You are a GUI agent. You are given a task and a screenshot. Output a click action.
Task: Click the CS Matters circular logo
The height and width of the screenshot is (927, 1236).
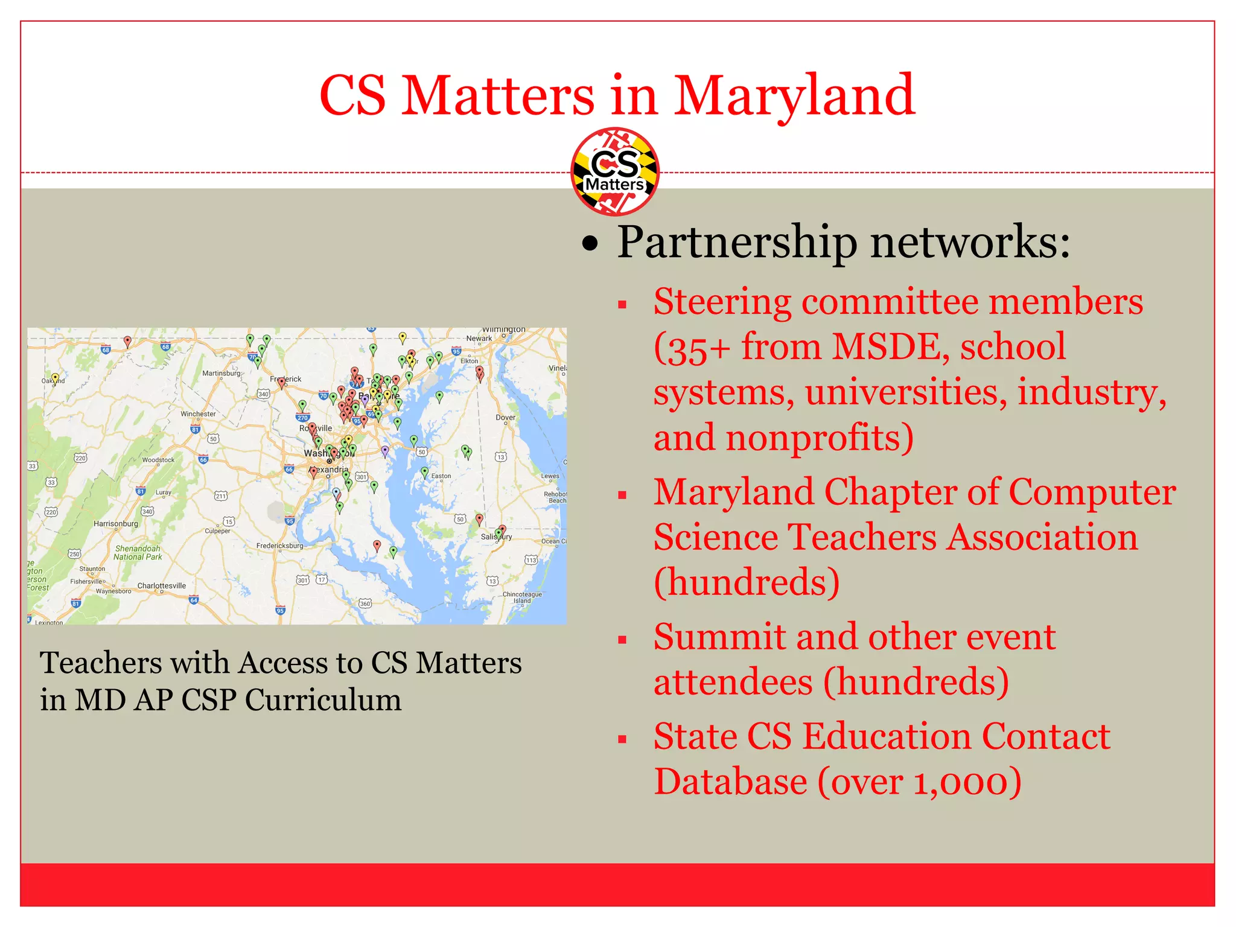point(614,171)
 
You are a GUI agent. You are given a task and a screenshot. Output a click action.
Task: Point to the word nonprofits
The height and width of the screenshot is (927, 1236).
point(819,438)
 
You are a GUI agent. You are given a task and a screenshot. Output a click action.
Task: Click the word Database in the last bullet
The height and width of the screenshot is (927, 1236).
point(730,782)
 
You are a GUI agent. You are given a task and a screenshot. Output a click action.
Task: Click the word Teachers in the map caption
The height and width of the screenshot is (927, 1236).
point(100,663)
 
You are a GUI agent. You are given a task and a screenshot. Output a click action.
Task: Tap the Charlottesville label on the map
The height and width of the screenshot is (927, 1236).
point(161,585)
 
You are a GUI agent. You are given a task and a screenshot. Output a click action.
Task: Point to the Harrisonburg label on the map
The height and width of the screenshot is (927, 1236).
point(115,523)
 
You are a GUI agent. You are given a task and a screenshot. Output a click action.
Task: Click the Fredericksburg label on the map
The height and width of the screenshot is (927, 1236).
point(279,546)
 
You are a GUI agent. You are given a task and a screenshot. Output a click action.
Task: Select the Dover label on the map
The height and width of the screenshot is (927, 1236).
point(505,417)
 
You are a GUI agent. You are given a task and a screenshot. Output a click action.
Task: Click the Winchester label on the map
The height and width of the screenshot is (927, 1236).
point(198,414)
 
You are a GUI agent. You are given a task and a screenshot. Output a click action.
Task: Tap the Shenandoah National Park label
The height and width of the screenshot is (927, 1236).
point(138,553)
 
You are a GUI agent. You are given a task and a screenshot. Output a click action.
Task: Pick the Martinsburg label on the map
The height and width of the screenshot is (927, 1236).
point(221,373)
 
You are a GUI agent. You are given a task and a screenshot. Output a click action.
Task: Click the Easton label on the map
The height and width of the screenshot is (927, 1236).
point(441,476)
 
